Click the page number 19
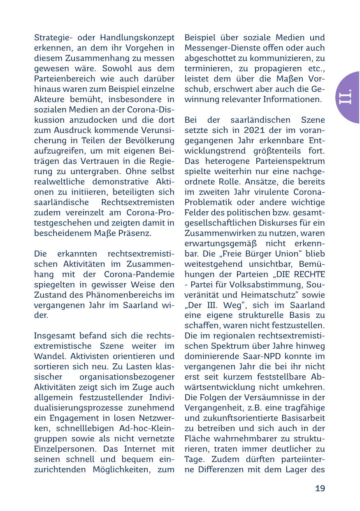click(x=320, y=489)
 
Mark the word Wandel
click(x=47, y=356)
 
